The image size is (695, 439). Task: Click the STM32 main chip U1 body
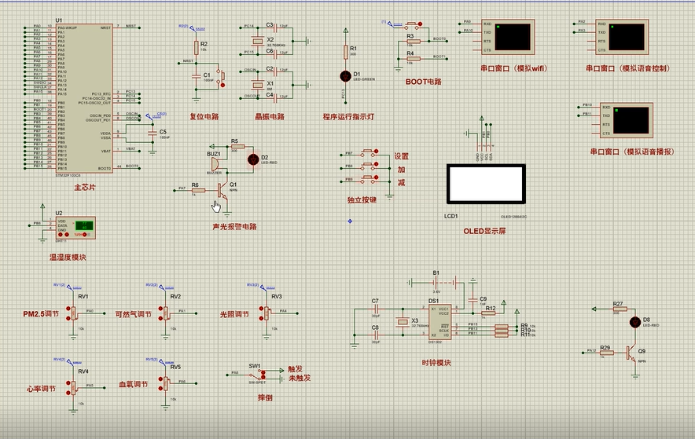[83, 98]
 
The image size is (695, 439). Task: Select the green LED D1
[344, 76]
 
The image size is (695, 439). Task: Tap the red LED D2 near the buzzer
[252, 159]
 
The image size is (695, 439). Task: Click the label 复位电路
[204, 117]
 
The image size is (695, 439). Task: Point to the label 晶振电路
[270, 117]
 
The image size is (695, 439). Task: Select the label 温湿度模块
[67, 257]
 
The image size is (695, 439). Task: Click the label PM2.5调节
[40, 314]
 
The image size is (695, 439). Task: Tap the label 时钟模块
[437, 363]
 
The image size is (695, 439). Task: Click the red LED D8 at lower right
[635, 321]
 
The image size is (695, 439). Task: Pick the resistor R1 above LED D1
[344, 52]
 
